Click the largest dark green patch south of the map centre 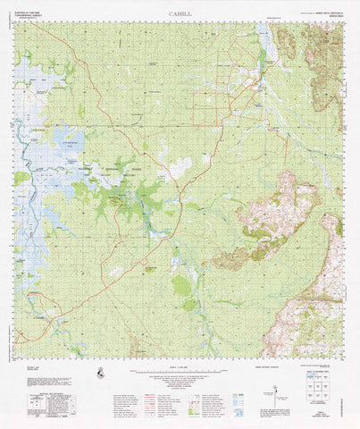point(181,284)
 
